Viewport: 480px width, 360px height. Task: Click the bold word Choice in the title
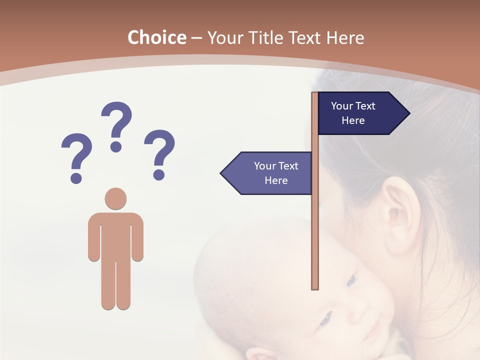pos(156,38)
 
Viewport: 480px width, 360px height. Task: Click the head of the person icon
pos(115,198)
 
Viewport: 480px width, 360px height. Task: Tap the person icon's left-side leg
pos(107,285)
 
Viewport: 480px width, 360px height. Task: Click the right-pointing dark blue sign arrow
pos(360,113)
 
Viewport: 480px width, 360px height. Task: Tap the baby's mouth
pos(372,331)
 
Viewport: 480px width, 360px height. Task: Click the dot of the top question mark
pos(116,146)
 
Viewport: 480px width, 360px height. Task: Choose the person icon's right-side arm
pos(137,240)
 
